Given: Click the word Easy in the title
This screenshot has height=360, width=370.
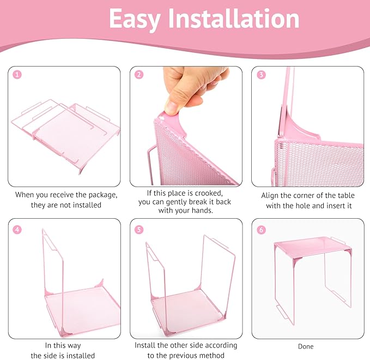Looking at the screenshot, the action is click(135, 20).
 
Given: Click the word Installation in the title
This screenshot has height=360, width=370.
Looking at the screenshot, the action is click(234, 19).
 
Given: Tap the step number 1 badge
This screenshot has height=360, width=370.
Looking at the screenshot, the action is click(17, 75).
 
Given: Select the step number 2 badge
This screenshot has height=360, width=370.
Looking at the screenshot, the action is click(139, 75).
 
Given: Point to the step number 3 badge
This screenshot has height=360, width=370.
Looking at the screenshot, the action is click(261, 75).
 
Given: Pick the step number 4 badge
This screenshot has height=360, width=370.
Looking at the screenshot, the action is click(17, 230).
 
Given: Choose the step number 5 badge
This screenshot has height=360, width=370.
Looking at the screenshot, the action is click(139, 230).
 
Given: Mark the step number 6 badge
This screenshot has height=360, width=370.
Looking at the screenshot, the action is click(261, 230).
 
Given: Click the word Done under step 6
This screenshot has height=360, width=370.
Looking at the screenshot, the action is click(306, 346).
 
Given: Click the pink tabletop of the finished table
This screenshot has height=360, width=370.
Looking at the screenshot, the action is click(313, 247).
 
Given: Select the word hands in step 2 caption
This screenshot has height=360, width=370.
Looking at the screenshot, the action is click(203, 210).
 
